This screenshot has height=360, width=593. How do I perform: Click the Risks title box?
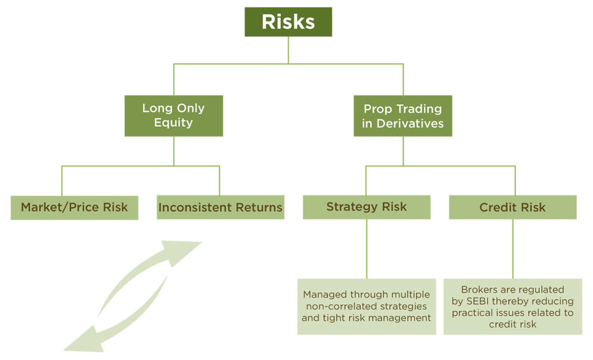point(288,22)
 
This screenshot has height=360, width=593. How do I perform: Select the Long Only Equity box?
point(173,116)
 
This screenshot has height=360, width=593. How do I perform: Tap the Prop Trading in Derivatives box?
point(402,116)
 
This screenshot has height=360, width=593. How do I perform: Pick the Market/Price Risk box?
point(74,207)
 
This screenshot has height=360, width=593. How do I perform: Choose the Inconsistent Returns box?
point(220,207)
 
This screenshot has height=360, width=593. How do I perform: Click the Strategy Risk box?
point(366,207)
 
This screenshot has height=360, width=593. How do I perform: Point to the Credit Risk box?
point(513,207)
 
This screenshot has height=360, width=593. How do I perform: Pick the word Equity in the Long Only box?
point(173,123)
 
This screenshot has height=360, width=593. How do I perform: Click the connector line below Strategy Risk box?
point(366,249)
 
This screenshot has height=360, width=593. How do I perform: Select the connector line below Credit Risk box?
point(513,249)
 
